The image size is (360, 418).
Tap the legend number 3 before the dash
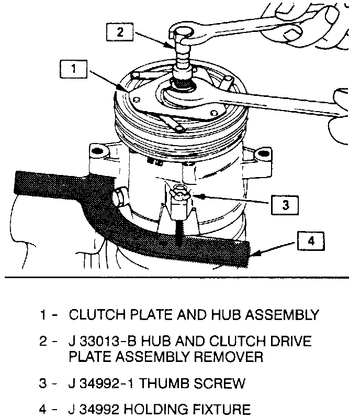point(44,383)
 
